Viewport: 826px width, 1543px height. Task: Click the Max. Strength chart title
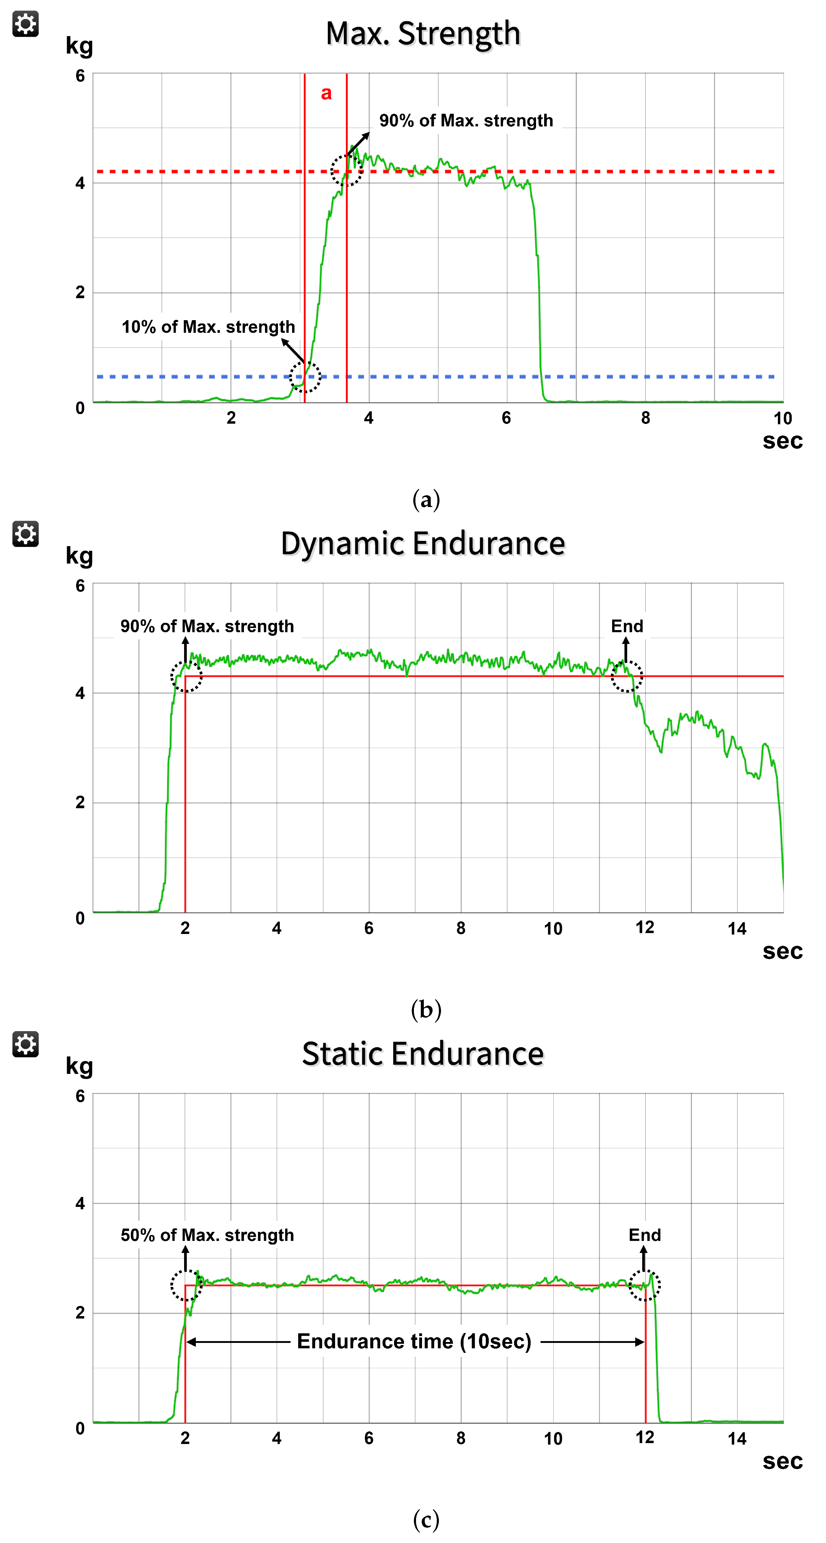423,33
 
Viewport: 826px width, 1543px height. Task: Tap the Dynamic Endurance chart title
423,544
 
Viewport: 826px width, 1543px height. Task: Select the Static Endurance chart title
423,1054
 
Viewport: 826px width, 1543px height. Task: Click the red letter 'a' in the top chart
326,94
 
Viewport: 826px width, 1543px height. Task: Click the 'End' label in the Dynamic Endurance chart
627,626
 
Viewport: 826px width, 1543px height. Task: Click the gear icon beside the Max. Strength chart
25,24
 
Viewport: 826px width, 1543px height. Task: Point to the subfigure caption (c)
426,1520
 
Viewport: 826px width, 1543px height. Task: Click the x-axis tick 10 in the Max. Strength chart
782,418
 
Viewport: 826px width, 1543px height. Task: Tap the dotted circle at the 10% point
305,377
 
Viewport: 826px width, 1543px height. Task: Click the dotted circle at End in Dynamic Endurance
627,676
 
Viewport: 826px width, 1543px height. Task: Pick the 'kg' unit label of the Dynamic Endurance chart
79,556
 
